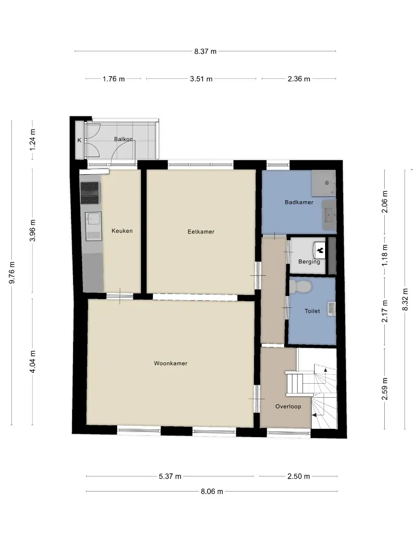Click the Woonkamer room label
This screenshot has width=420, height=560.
[171, 363]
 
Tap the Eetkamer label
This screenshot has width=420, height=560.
[201, 231]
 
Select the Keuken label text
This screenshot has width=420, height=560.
[122, 231]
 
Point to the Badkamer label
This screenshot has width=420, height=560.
[299, 202]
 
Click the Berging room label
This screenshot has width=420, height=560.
[309, 262]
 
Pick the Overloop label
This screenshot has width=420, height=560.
[288, 407]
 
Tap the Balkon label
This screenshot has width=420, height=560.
[123, 139]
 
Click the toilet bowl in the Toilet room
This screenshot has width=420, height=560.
[300, 286]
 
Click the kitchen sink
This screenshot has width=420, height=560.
[93, 226]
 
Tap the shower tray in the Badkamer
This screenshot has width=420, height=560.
[323, 183]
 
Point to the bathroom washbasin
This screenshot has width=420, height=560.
[330, 215]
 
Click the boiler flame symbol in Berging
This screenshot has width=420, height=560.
[319, 250]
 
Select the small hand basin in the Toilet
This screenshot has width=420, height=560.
[331, 309]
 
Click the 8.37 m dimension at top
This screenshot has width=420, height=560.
[205, 51]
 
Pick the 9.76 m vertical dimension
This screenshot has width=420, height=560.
[12, 273]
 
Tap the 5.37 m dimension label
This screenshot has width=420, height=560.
[170, 476]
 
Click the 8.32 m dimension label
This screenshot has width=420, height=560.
[405, 299]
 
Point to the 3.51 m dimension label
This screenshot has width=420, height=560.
[201, 79]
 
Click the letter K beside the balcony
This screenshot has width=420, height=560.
[79, 141]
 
